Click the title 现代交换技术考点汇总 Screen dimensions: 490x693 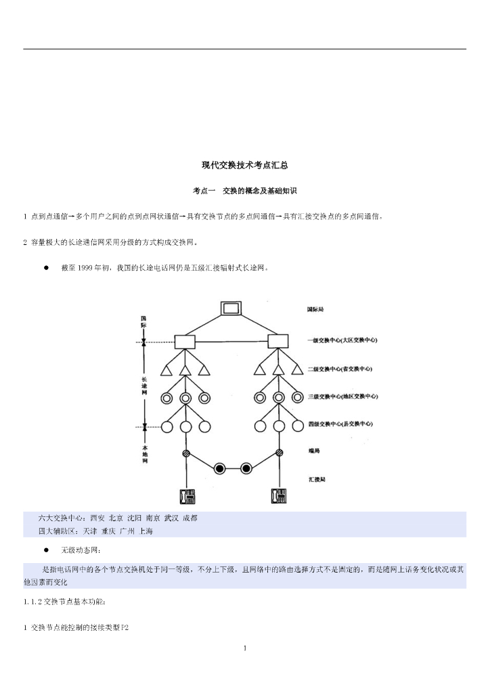pyautogui.click(x=245, y=164)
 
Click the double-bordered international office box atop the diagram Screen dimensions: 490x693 pyautogui.click(x=231, y=309)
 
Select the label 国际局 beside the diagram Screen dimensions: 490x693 pyautogui.click(x=315, y=309)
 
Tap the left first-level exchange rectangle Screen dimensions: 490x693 pyautogui.click(x=185, y=341)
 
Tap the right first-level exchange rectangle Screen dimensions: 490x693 pyautogui.click(x=277, y=341)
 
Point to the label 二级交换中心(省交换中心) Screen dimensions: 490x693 pyautogui.click(x=340, y=369)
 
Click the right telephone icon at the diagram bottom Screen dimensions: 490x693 pyautogui.click(x=278, y=496)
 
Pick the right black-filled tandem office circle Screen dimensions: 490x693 pyautogui.click(x=246, y=468)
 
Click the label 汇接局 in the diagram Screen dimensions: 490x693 pyautogui.click(x=317, y=479)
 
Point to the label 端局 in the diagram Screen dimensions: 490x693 pyautogui.click(x=313, y=451)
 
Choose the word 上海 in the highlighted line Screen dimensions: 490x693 pyautogui.click(x=146, y=531)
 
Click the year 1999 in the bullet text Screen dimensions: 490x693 pyautogui.click(x=87, y=268)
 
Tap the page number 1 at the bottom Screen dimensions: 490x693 pyautogui.click(x=245, y=649)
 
